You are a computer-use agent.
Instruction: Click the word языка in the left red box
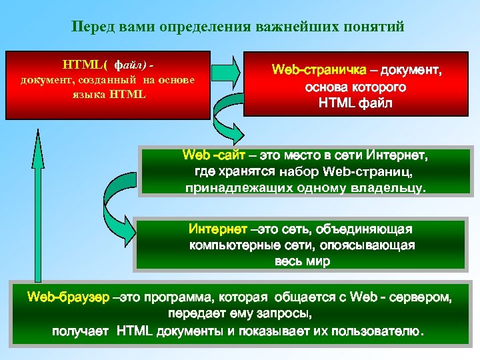(x=84, y=93)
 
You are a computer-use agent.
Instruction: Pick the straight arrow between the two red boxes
(x=227, y=67)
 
